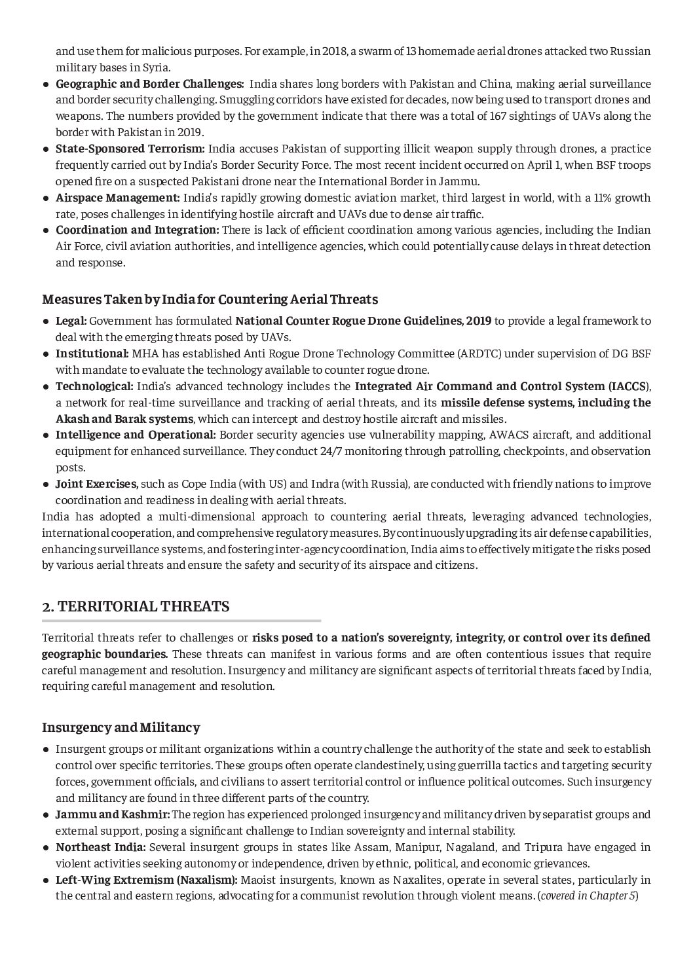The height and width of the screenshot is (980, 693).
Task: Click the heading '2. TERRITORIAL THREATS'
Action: coord(136,607)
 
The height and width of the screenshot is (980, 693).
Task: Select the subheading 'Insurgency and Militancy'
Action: coord(121,727)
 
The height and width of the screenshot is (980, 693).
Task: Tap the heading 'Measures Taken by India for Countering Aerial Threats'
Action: coord(210,299)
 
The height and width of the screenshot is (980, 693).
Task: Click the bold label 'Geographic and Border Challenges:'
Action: coord(150,84)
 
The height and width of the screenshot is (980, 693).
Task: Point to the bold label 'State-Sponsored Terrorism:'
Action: coord(130,149)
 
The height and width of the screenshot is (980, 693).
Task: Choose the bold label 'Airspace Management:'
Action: coord(118,198)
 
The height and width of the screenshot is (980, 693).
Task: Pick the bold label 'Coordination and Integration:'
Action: coord(138,230)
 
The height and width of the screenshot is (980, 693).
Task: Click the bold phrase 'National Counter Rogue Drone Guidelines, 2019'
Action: coord(363,321)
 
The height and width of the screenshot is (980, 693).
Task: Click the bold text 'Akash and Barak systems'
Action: coord(124,419)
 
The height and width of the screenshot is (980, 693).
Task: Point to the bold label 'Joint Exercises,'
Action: coord(97,484)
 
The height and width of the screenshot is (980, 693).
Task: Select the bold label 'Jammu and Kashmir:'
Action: coord(113,814)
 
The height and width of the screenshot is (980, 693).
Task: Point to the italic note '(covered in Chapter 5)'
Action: coord(587,896)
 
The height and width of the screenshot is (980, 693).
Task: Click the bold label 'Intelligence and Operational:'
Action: coord(136,435)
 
